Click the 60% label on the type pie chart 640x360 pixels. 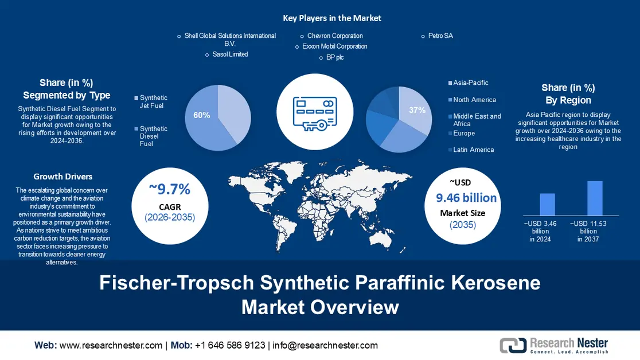click(201, 115)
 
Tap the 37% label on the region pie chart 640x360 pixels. click(417, 110)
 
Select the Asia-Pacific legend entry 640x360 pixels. click(470, 83)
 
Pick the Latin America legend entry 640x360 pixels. click(473, 150)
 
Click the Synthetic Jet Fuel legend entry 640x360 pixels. click(153, 102)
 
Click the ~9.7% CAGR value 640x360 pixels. click(170, 189)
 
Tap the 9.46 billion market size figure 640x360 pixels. click(466, 198)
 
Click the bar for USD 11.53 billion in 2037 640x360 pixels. click(595, 198)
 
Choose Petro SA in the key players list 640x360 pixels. click(440, 36)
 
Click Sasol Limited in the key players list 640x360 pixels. click(229, 54)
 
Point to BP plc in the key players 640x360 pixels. click(335, 57)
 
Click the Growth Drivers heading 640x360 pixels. click(63, 177)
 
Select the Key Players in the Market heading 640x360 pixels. click(332, 18)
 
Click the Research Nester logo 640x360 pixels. click(554, 345)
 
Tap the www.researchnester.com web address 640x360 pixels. click(111, 345)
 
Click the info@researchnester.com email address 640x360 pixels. click(325, 345)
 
